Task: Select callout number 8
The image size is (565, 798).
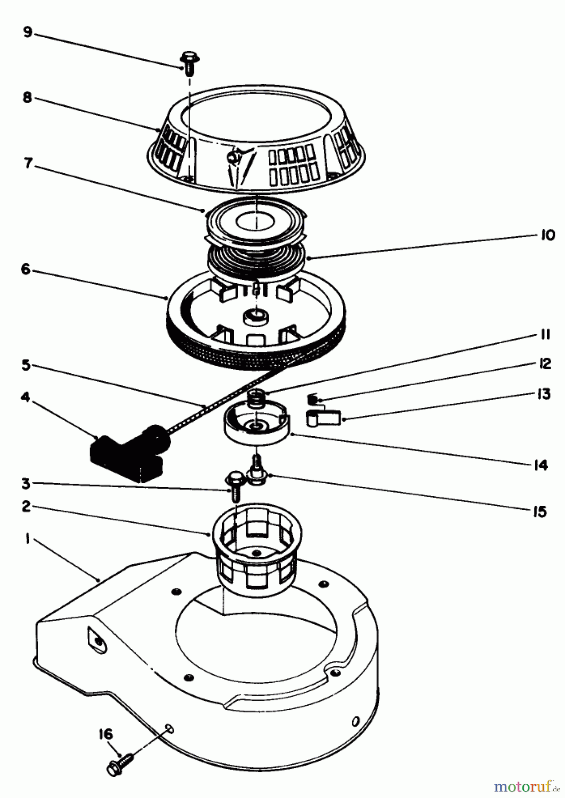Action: [27, 98]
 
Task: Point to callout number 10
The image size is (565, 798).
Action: [548, 235]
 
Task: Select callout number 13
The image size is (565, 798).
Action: [543, 394]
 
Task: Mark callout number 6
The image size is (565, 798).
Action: [25, 269]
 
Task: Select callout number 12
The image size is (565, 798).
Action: [545, 364]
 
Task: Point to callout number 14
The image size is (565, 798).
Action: [541, 465]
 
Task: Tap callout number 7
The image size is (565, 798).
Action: [28, 164]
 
